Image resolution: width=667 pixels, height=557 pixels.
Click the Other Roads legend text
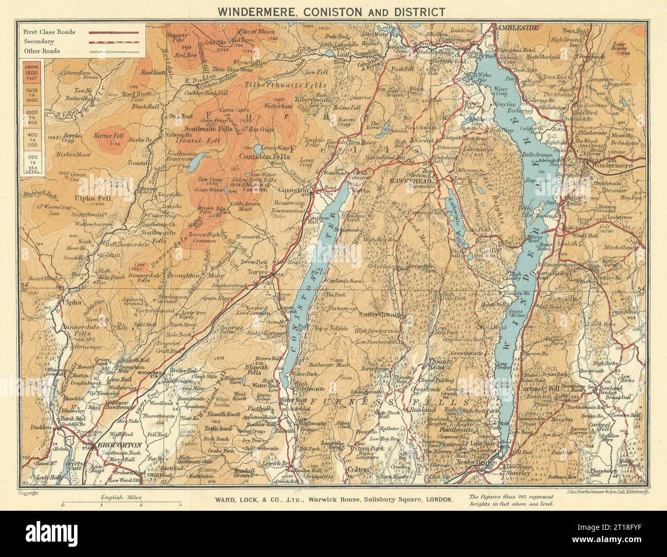point(41,51)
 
